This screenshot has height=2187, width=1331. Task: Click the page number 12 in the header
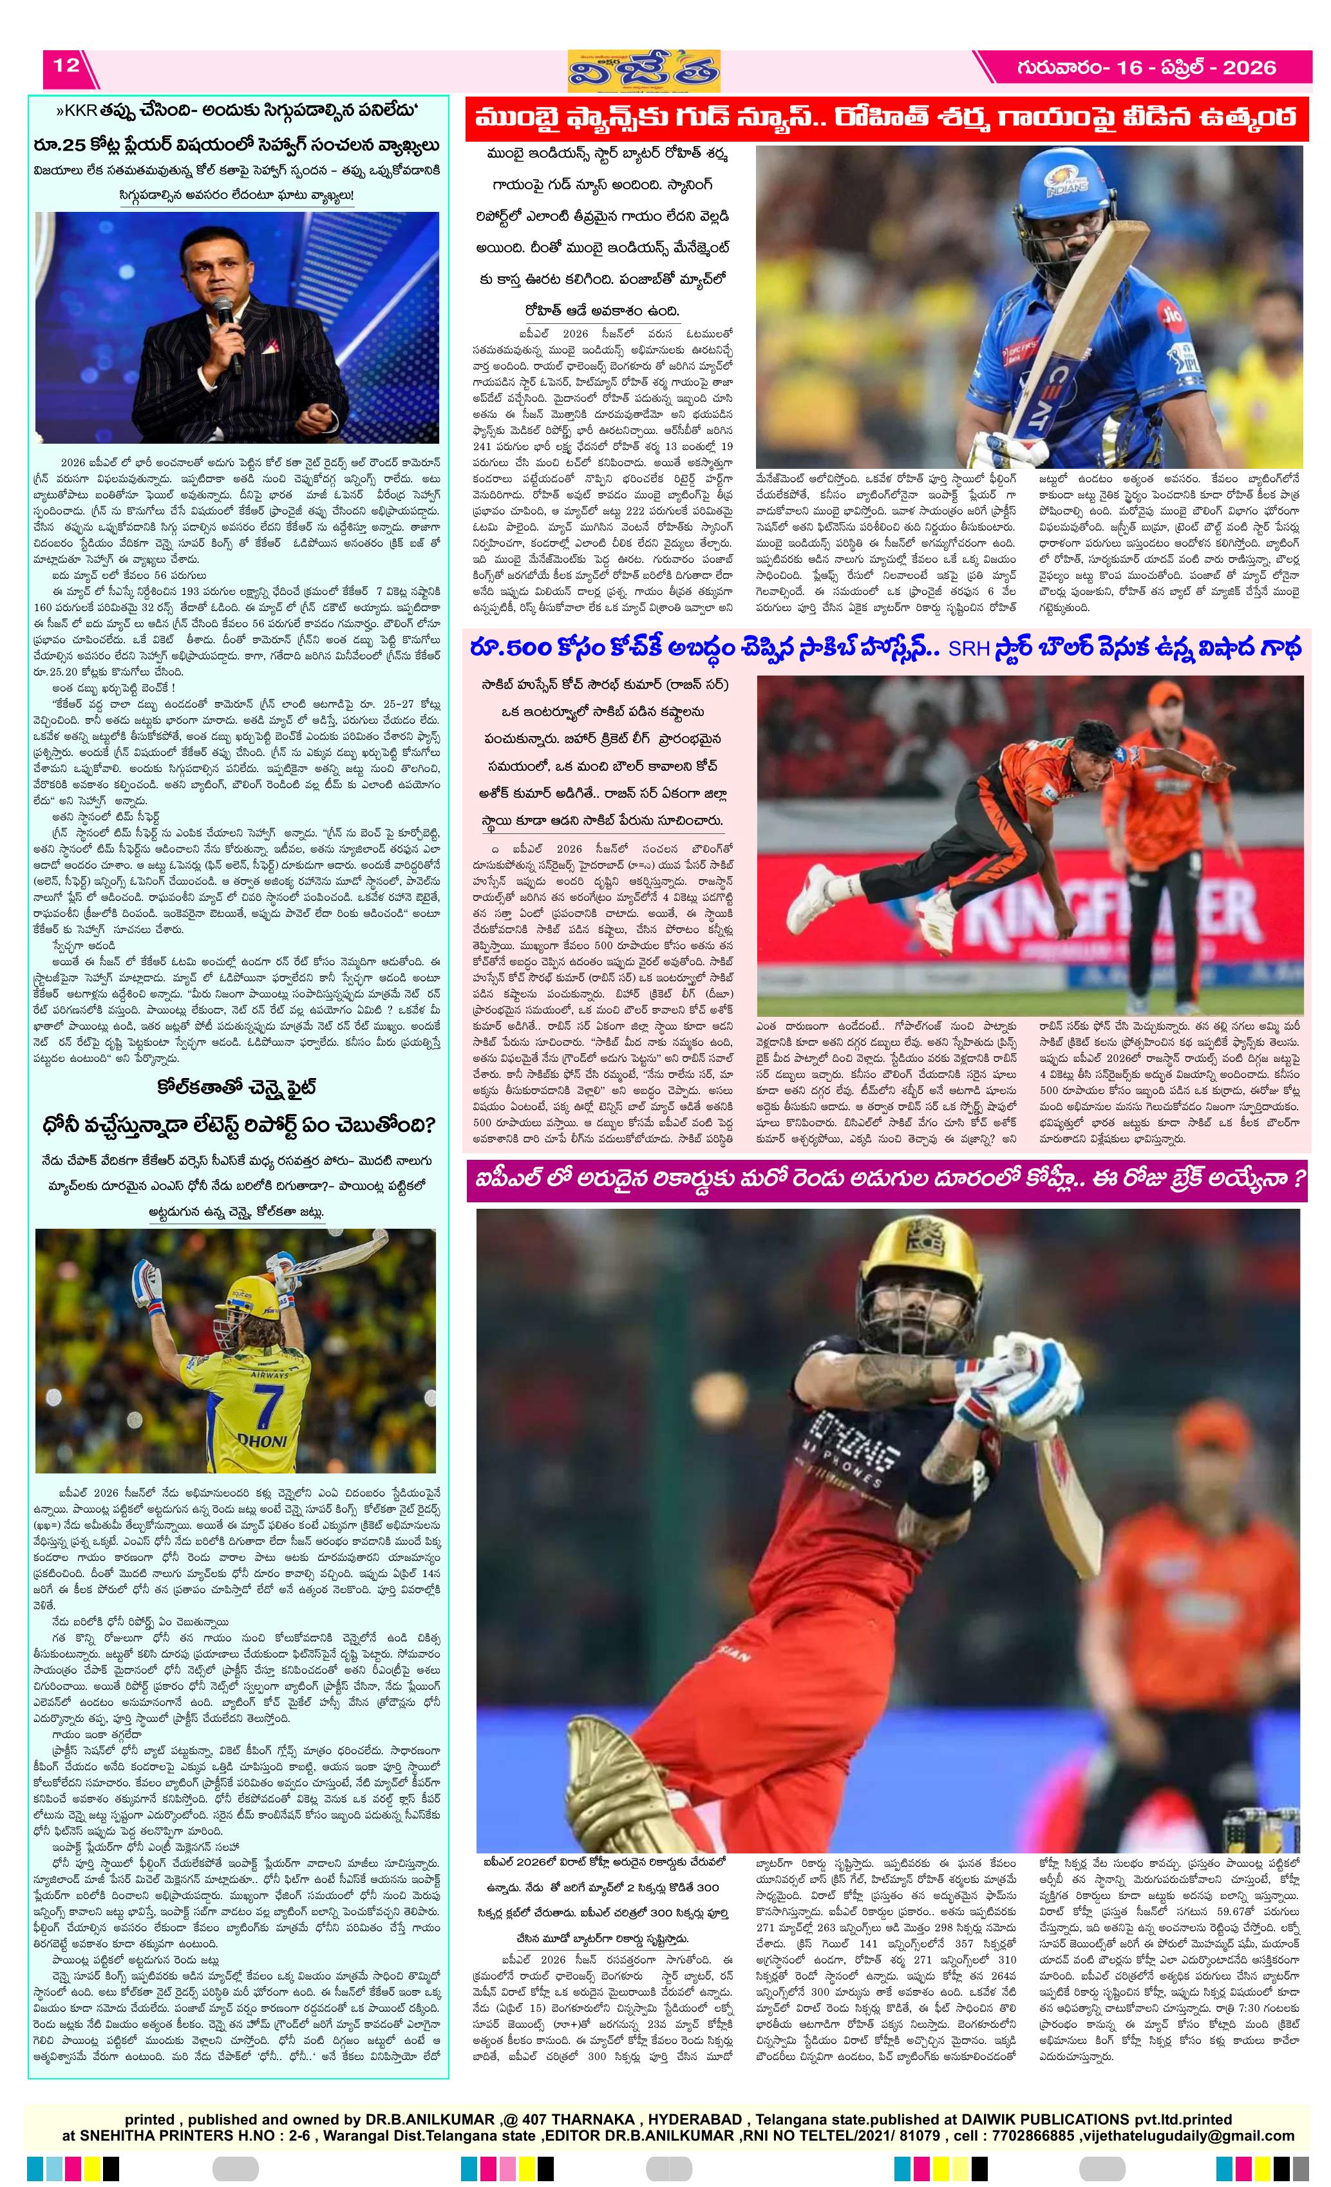point(66,66)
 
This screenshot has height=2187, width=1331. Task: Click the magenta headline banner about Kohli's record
point(887,1180)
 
